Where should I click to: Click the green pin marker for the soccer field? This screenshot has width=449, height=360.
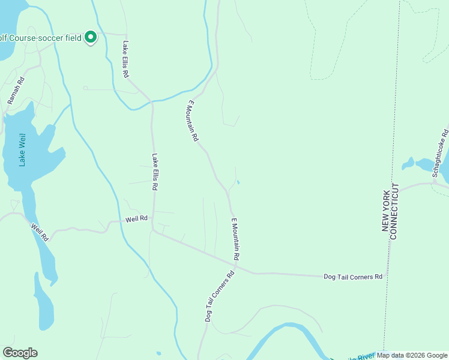91,37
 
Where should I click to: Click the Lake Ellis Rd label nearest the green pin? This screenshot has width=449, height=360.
126,59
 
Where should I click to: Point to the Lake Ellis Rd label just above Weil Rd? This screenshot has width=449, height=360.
155,172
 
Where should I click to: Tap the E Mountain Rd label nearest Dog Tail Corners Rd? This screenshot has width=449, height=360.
236,238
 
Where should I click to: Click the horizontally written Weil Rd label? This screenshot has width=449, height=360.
136,220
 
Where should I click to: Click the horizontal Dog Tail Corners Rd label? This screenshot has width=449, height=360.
353,277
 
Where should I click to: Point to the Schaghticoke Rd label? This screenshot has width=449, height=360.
439,152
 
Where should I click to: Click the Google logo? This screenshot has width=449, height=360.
20,353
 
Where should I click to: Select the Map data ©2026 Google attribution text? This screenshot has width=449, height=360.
412,355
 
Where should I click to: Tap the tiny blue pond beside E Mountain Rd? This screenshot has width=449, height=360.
238,182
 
